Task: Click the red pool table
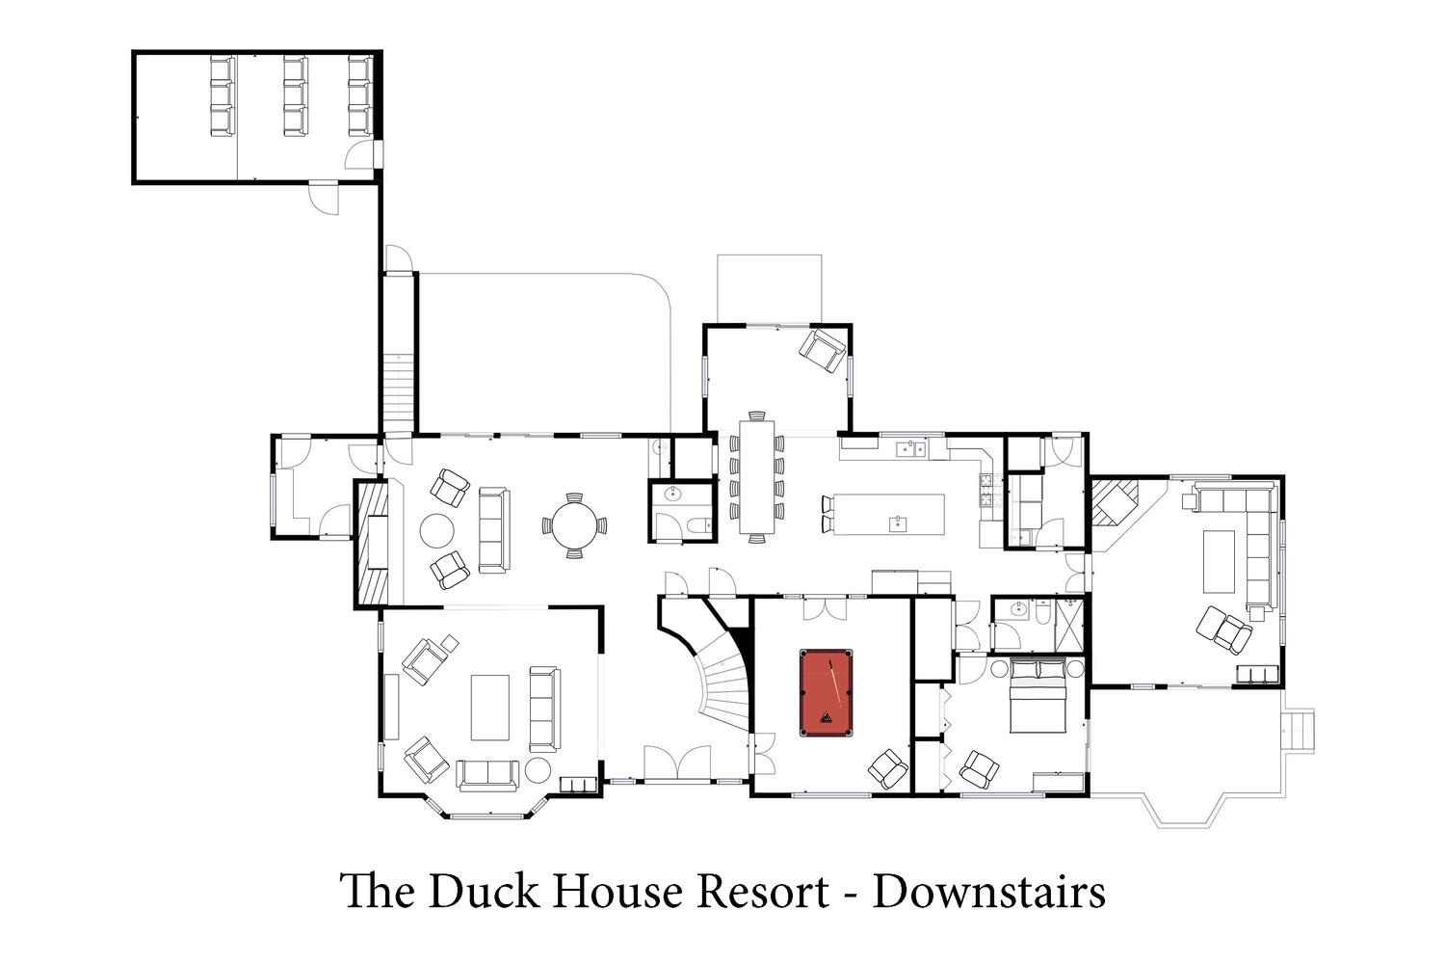[x=826, y=693]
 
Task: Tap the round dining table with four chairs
[x=574, y=525]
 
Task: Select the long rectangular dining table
[x=756, y=476]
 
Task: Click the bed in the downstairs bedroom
[x=1038, y=695]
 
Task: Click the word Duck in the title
[x=484, y=892]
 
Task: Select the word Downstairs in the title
[x=989, y=892]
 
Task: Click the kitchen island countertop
[x=889, y=515]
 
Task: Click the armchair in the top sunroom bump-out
[x=823, y=350]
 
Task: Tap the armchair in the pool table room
[x=888, y=768]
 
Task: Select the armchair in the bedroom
[x=980, y=769]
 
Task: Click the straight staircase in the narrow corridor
[x=399, y=393]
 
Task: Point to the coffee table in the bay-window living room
[x=490, y=708]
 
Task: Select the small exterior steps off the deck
[x=1299, y=732]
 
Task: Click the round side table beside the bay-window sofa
[x=538, y=770]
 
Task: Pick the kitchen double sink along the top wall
[x=911, y=448]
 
